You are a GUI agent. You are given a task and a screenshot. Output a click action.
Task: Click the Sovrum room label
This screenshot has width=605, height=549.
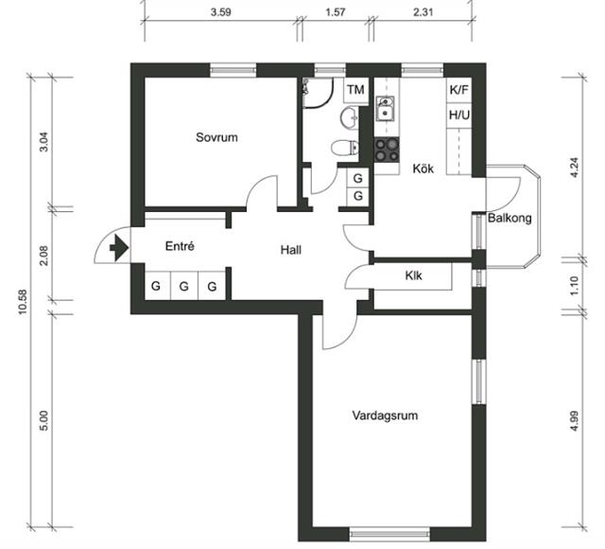(x=216, y=137)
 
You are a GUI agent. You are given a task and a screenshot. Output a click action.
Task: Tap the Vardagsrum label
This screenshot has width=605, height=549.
(x=385, y=416)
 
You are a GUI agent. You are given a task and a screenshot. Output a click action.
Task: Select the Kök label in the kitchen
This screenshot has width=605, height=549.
(x=423, y=168)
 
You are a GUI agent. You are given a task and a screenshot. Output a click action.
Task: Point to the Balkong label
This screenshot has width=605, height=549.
(x=510, y=218)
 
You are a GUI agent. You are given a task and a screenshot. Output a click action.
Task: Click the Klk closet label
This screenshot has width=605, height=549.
(x=413, y=275)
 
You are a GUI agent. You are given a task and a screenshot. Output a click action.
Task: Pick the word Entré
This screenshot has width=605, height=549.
(x=180, y=246)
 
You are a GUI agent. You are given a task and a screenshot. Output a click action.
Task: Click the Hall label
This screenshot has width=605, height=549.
(x=290, y=250)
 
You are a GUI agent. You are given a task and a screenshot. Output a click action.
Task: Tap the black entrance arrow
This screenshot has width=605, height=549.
(x=119, y=247)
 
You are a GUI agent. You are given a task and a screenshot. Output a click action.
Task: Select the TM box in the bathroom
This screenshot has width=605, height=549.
(x=355, y=90)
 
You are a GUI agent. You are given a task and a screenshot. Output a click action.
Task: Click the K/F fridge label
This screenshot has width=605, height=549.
(x=458, y=90)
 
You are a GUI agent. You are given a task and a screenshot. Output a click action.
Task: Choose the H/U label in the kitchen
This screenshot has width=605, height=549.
(x=459, y=115)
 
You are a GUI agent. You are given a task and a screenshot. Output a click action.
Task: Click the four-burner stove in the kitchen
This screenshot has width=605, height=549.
(x=387, y=150)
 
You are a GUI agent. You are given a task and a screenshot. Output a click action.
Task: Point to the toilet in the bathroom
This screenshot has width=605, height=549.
(x=344, y=148)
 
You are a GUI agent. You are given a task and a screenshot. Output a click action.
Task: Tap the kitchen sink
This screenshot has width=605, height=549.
(x=385, y=109)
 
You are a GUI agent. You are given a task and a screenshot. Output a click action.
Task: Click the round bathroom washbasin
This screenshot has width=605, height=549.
(x=350, y=116)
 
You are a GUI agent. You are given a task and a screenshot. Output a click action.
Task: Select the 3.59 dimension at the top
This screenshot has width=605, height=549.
(x=220, y=12)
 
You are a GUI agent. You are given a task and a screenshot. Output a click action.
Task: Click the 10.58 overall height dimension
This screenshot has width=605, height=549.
(x=23, y=302)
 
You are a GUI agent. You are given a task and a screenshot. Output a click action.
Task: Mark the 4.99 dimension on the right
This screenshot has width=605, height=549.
(x=574, y=421)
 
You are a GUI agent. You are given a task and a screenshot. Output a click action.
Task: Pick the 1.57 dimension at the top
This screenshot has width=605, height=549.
(x=335, y=12)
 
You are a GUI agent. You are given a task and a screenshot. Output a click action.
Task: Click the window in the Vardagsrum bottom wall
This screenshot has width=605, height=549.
(x=390, y=534)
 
